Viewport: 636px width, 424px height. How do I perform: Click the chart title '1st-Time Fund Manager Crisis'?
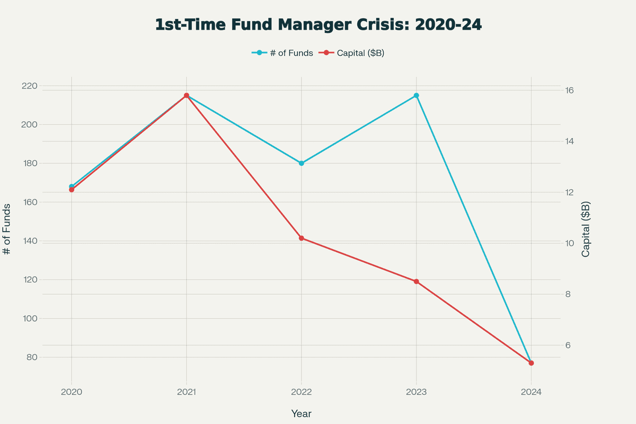coord(318,25)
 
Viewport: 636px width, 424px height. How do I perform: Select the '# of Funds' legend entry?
coord(282,52)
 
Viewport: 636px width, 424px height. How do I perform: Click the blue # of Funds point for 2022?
coord(301,163)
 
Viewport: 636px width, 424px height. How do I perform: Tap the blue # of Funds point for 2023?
coord(416,95)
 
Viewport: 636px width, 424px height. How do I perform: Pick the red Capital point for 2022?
coord(301,238)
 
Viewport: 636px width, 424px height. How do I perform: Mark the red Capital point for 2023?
coord(416,281)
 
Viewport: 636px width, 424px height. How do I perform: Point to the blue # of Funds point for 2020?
coord(72,187)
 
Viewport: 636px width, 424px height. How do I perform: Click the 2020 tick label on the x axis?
coord(72,392)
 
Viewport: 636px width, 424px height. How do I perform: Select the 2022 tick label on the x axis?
coord(301,392)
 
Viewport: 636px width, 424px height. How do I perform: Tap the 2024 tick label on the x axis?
coord(531,392)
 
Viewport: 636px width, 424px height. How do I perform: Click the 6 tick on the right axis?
coord(568,345)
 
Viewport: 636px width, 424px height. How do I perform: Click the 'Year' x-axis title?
coord(301,413)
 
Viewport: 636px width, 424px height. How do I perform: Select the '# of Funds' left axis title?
coord(7,229)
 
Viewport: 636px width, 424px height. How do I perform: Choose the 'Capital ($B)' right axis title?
coord(586,229)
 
